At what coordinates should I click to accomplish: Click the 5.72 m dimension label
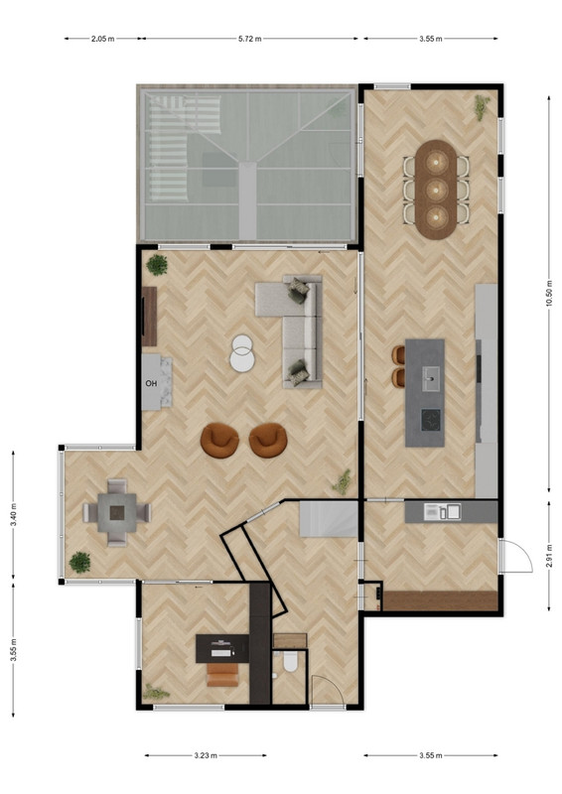pos(250,39)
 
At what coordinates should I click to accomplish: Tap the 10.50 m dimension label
pos(549,294)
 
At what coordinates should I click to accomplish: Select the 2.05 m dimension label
pos(102,39)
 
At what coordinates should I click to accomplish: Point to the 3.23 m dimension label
pos(206,755)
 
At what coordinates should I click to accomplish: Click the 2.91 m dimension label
pos(549,556)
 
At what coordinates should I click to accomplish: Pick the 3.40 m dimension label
pos(14,514)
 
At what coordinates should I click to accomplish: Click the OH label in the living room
pos(151,383)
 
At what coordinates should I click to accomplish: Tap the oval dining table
pos(435,190)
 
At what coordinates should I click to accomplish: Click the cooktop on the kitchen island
pos(431,419)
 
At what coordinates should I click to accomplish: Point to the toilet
pos(290,662)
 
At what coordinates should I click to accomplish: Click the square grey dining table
pos(117,513)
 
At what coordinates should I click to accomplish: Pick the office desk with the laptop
pos(222,649)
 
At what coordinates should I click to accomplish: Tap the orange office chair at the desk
pos(222,675)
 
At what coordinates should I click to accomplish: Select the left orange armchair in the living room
pos(219,440)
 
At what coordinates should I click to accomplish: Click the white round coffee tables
pos(242,353)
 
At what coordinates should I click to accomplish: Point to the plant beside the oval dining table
pos(482,107)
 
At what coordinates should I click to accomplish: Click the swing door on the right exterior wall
pos(515,556)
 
